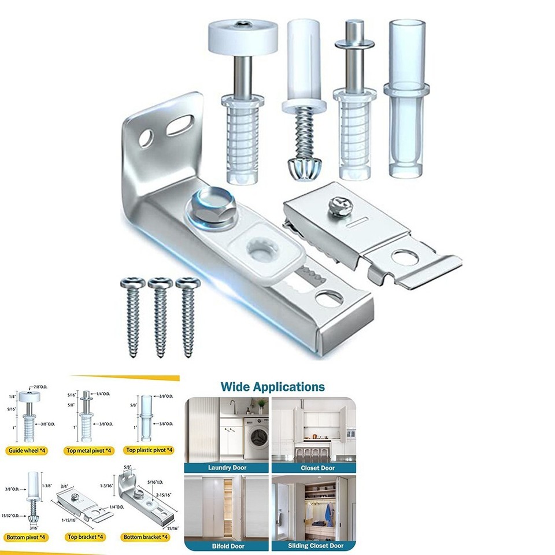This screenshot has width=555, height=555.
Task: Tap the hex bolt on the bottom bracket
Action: [210, 206]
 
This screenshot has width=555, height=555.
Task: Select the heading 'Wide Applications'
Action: [273, 387]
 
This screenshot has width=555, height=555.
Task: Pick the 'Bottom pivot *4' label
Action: [27, 537]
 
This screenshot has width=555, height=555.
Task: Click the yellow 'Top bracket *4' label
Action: [86, 537]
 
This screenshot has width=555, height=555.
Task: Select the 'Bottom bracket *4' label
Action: [147, 537]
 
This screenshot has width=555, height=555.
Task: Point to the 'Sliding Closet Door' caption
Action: [315, 546]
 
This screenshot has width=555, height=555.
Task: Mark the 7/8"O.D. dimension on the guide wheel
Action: [40, 386]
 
